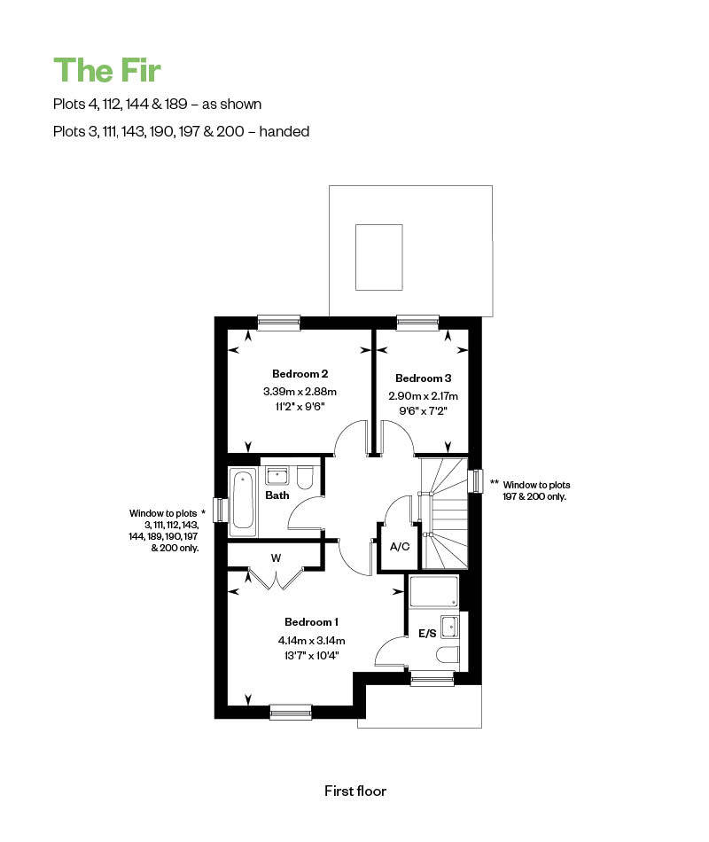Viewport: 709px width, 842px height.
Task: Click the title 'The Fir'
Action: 107,70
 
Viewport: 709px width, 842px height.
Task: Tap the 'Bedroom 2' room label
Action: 300,374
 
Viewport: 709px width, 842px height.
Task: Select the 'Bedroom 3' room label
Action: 424,378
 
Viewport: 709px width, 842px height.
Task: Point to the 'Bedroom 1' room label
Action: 312,622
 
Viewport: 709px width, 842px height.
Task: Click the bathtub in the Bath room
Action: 243,502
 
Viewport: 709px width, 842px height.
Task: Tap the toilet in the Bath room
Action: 305,478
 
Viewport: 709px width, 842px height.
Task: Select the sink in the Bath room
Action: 277,476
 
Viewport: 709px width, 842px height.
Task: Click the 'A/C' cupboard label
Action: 400,547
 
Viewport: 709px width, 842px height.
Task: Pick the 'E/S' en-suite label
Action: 427,634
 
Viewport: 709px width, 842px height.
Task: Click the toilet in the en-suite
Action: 448,655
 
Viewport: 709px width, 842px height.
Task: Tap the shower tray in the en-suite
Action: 434,591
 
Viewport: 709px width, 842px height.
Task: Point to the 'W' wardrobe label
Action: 277,557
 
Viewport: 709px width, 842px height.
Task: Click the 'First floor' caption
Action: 355,791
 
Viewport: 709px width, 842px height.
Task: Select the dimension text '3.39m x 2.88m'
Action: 300,392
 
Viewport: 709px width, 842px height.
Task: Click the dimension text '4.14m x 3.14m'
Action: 312,641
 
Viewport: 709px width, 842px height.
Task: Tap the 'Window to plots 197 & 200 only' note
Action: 536,491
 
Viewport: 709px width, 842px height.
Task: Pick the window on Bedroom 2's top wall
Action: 279,323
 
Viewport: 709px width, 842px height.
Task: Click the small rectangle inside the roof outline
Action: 378,257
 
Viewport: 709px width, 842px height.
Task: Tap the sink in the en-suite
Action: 449,626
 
